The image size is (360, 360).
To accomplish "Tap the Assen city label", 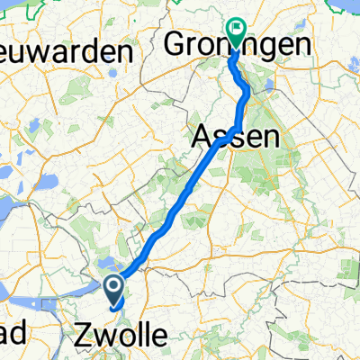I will (x=234, y=137).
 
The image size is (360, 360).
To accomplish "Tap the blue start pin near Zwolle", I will (x=114, y=290).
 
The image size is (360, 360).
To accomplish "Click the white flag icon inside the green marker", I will (x=237, y=28).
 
